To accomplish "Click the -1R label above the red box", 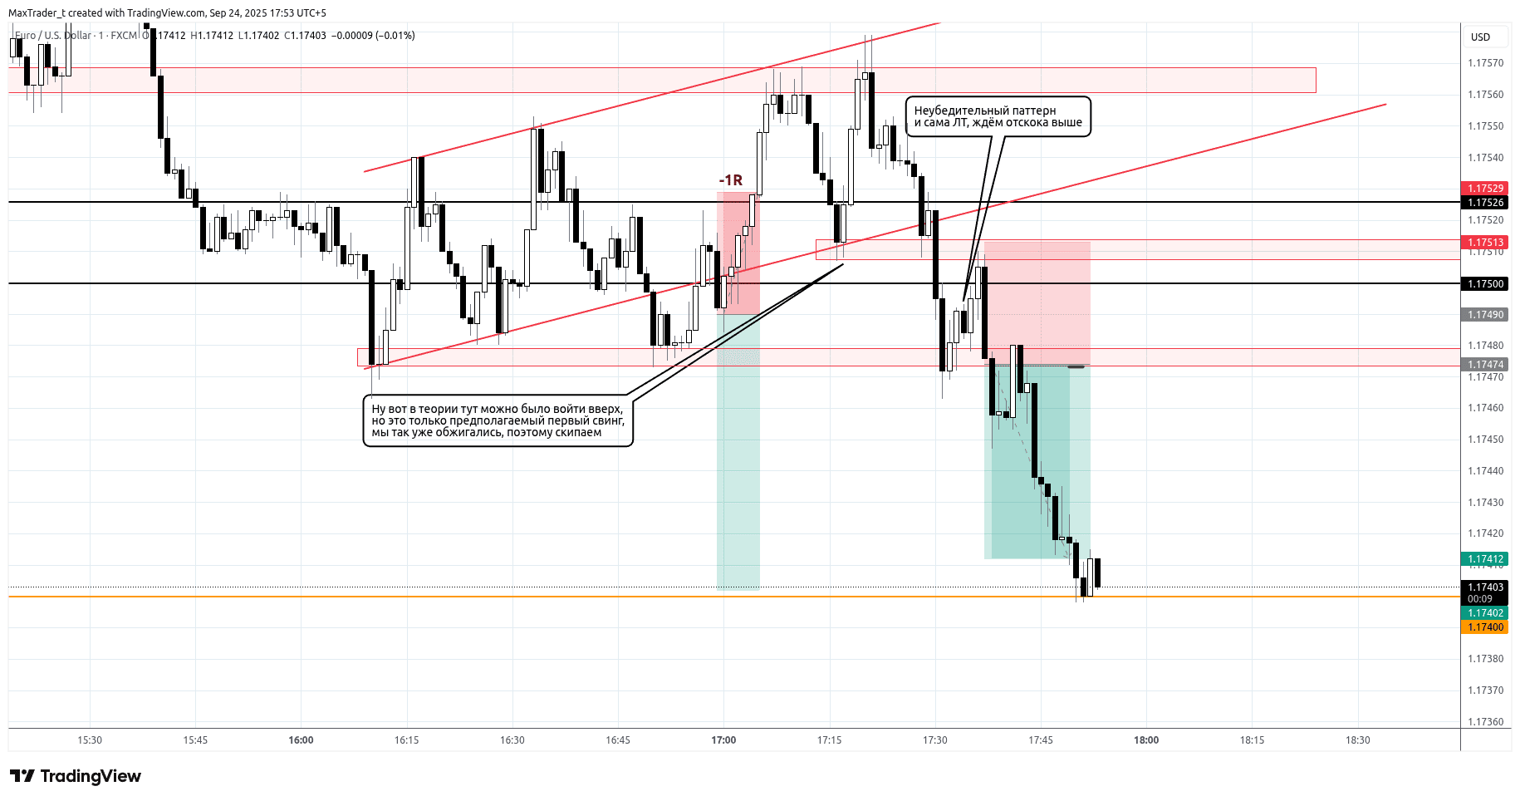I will click(x=731, y=180).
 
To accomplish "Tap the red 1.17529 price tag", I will click(x=1485, y=189).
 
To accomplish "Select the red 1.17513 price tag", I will click(x=1485, y=243).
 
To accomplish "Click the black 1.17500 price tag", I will click(x=1485, y=284).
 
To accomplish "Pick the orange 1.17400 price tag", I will click(x=1485, y=627).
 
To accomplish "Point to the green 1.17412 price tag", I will click(x=1485, y=559).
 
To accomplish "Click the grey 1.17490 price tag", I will click(x=1485, y=315).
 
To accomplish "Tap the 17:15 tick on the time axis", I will click(x=829, y=740).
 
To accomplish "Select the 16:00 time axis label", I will click(x=301, y=740).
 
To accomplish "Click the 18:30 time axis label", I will click(x=1357, y=740).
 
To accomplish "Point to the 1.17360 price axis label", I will click(x=1485, y=722).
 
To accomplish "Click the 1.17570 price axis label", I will click(x=1485, y=63).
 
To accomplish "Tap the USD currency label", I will click(x=1480, y=37).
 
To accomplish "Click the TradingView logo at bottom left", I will click(x=76, y=776).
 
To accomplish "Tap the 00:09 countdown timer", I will click(x=1480, y=599).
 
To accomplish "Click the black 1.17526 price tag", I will click(x=1485, y=203).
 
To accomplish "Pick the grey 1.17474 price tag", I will click(x=1485, y=365).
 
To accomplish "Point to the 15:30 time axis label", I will click(x=90, y=740).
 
